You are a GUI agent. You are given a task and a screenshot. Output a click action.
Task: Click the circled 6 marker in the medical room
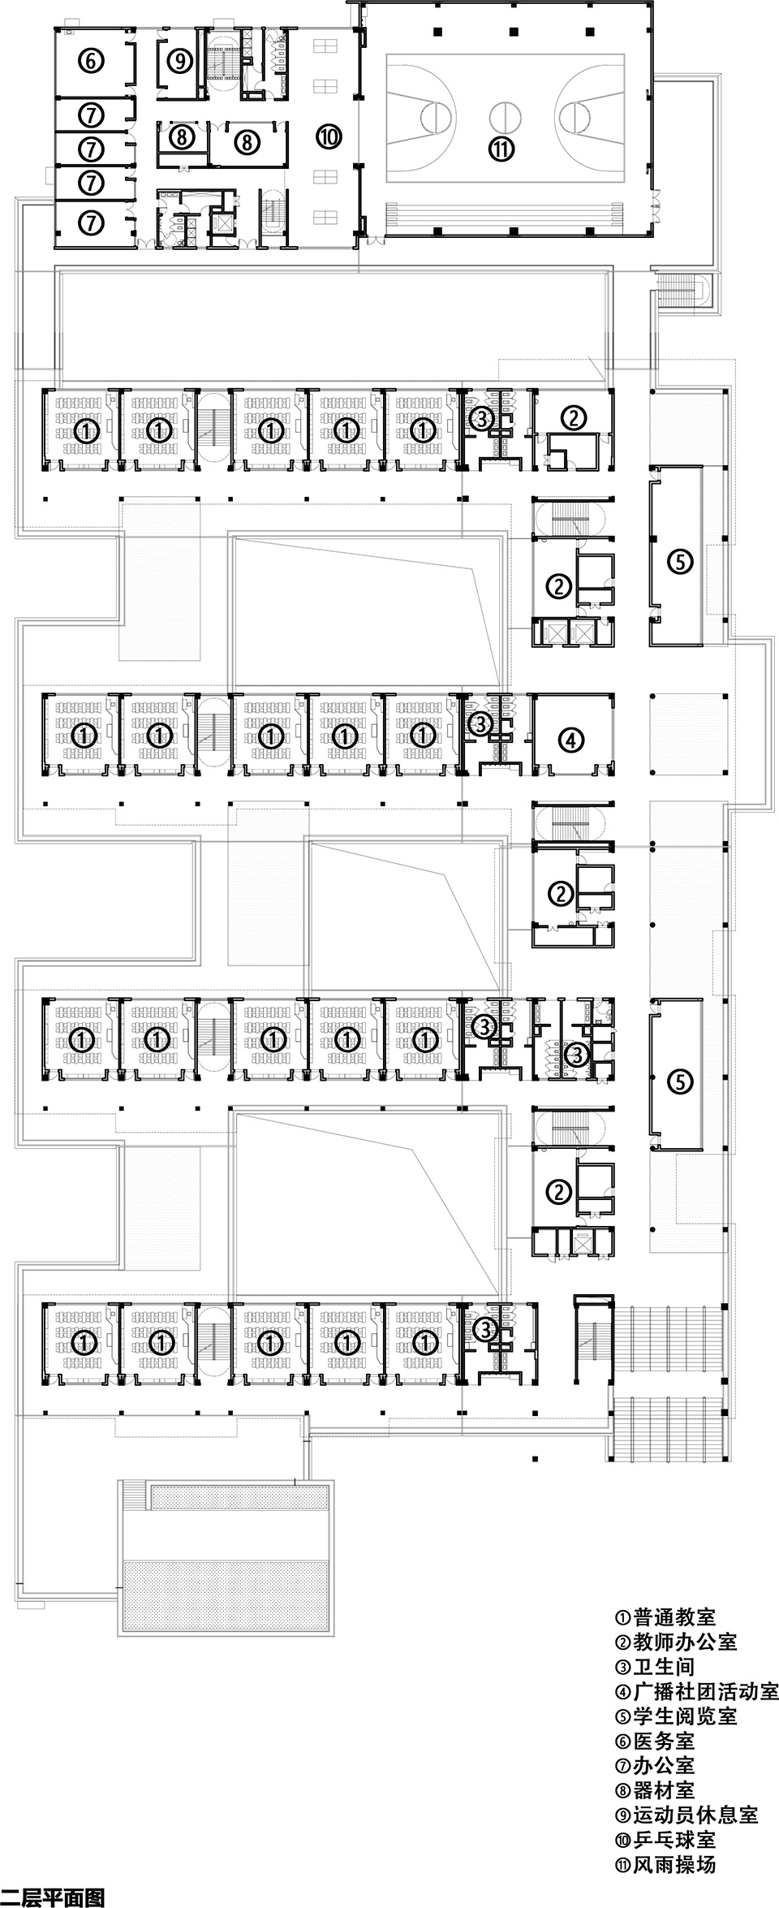[91, 59]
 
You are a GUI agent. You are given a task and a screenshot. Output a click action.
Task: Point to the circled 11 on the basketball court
[502, 148]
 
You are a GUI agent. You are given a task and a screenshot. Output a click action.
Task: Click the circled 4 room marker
[571, 740]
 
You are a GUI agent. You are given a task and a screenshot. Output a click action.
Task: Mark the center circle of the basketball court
[502, 114]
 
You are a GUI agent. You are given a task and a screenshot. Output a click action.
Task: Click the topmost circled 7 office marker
[92, 115]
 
